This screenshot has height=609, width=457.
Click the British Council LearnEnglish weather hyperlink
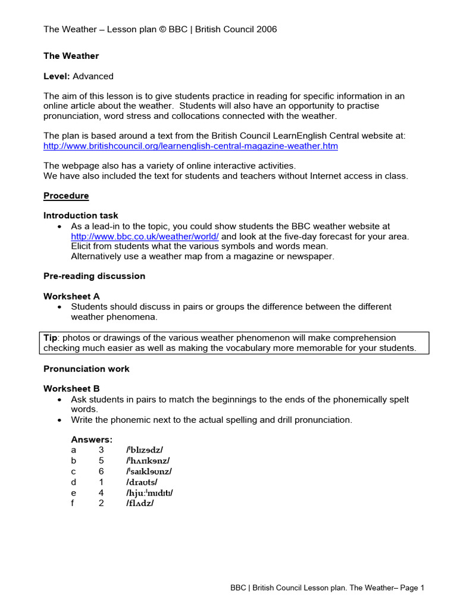(190, 146)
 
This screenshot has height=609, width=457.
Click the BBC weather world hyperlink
(145, 236)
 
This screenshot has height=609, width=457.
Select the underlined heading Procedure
(66, 196)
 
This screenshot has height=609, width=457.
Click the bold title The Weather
(71, 56)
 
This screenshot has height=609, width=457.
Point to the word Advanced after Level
(93, 76)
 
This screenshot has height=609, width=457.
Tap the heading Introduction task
(81, 215)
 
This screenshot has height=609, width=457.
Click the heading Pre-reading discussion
(94, 276)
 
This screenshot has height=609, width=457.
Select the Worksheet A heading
(71, 296)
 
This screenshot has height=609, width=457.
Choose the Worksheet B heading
(71, 389)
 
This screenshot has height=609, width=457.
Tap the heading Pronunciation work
(86, 369)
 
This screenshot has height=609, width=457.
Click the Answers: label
(92, 440)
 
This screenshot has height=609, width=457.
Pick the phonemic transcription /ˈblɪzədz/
(144, 450)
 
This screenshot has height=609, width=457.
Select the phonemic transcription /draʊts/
(142, 482)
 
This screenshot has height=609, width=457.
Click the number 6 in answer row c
(101, 472)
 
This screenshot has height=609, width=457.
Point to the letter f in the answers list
(73, 503)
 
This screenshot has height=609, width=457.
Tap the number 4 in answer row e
(101, 492)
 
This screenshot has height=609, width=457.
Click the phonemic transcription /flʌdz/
(140, 503)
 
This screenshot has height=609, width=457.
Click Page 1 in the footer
(411, 588)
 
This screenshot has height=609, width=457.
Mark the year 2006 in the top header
(266, 29)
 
